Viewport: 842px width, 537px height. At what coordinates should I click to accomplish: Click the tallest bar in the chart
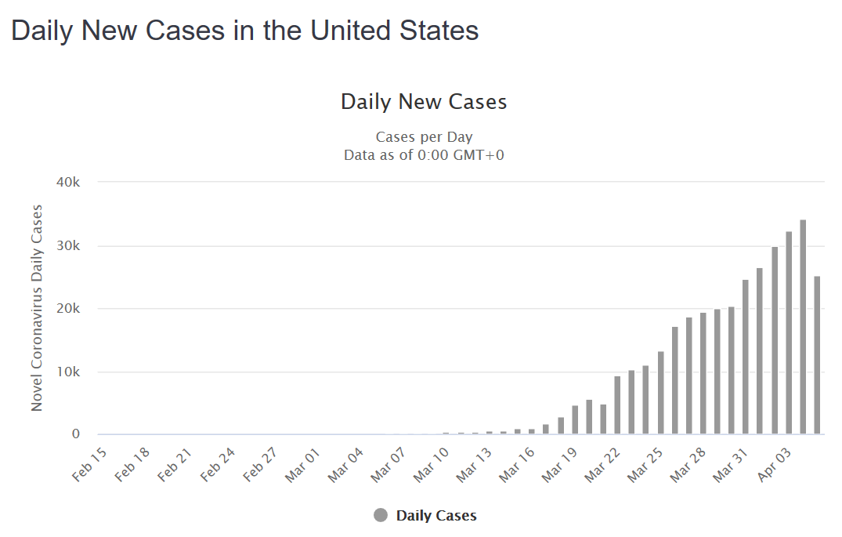click(803, 327)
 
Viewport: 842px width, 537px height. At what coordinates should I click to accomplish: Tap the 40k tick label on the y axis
click(67, 182)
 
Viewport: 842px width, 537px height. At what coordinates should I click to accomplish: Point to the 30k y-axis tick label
click(67, 245)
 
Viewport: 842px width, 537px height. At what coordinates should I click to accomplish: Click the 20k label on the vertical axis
click(67, 309)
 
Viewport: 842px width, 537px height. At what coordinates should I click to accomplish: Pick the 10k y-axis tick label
click(67, 372)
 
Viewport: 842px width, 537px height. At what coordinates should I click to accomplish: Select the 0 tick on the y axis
click(76, 434)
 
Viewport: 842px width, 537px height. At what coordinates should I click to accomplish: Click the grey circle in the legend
click(381, 515)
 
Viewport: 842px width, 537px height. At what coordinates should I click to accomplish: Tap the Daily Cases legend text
click(436, 516)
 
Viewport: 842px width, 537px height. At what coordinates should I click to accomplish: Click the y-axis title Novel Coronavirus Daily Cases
click(37, 307)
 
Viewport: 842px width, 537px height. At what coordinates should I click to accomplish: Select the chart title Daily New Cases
click(424, 102)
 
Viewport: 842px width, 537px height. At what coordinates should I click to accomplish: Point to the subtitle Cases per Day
click(424, 137)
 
